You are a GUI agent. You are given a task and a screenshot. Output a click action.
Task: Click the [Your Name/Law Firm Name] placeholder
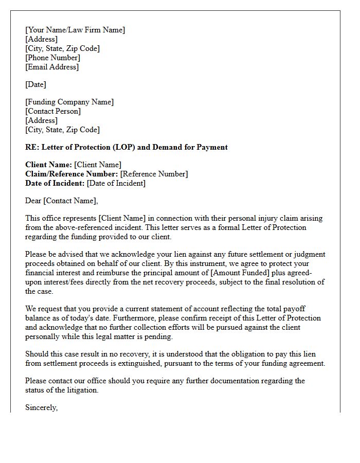coord(75,30)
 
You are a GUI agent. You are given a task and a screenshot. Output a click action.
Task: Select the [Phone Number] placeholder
coord(52,58)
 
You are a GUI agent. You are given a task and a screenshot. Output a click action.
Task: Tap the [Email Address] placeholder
coord(52,67)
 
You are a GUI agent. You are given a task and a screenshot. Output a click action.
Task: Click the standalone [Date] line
coord(35,84)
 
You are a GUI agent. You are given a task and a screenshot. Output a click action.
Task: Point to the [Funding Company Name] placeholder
coord(69,102)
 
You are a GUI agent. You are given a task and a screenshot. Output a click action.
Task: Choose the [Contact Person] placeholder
coord(53,111)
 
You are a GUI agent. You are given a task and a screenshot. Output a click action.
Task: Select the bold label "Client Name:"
coord(48,165)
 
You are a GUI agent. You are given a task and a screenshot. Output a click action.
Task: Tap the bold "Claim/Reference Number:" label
coord(71,174)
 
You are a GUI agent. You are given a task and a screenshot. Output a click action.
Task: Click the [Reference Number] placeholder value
coord(154,174)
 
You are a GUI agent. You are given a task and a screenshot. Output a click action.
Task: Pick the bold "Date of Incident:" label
coord(55,183)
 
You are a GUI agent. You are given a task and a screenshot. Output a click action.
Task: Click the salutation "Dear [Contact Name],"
coord(61,201)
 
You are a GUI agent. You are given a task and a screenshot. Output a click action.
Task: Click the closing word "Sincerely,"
coord(42,407)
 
